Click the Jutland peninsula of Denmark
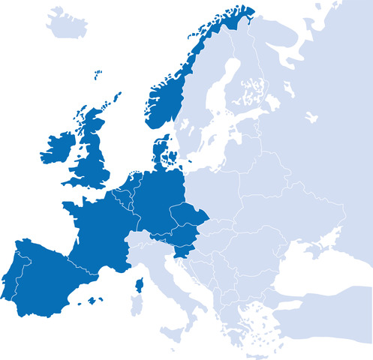click(159, 150)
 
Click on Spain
click(45, 277)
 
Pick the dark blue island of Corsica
click(140, 286)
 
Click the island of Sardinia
click(137, 307)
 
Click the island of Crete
click(259, 352)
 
